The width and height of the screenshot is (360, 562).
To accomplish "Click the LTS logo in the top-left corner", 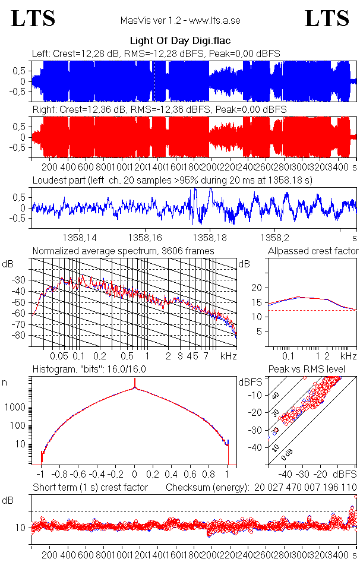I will [x=33, y=18].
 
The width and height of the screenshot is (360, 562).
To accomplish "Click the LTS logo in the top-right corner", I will [x=327, y=18].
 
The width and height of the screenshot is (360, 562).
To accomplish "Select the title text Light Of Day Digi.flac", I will [x=179, y=42].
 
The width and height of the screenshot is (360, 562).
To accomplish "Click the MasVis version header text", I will [x=180, y=20].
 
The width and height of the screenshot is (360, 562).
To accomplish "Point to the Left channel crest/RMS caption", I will [x=156, y=54].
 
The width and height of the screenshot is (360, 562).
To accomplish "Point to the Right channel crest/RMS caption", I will [x=159, y=110].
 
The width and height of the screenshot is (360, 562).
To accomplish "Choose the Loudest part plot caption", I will [x=172, y=179].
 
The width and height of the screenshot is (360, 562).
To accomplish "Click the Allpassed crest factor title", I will [x=313, y=251].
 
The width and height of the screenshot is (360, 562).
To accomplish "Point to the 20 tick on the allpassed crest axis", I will [x=257, y=288].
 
